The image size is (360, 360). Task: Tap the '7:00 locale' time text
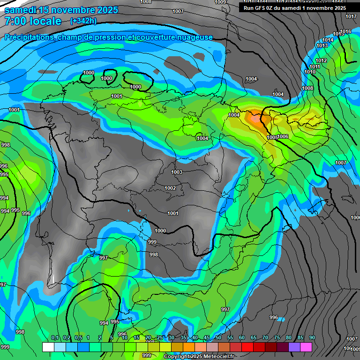[33, 21]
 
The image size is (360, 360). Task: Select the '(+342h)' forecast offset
[83, 21]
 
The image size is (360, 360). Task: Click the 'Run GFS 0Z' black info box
[295, 7]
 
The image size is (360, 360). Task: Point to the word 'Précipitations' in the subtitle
[28, 37]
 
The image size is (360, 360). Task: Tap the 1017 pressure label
[351, 16]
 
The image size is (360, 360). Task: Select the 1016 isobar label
[345, 31]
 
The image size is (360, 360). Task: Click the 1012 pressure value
[321, 61]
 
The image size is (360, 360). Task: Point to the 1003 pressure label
[177, 172]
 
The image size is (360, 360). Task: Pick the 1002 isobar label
[170, 188]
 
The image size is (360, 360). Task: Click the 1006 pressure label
[283, 136]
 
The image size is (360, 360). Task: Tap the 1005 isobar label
[272, 137]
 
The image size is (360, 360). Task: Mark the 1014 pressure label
[328, 40]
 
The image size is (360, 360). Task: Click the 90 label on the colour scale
[312, 337]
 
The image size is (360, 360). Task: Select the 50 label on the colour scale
[218, 337]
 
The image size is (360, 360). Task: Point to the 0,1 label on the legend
[55, 337]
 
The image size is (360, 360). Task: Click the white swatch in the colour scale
[48, 347]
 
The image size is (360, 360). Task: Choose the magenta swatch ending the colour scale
[306, 347]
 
